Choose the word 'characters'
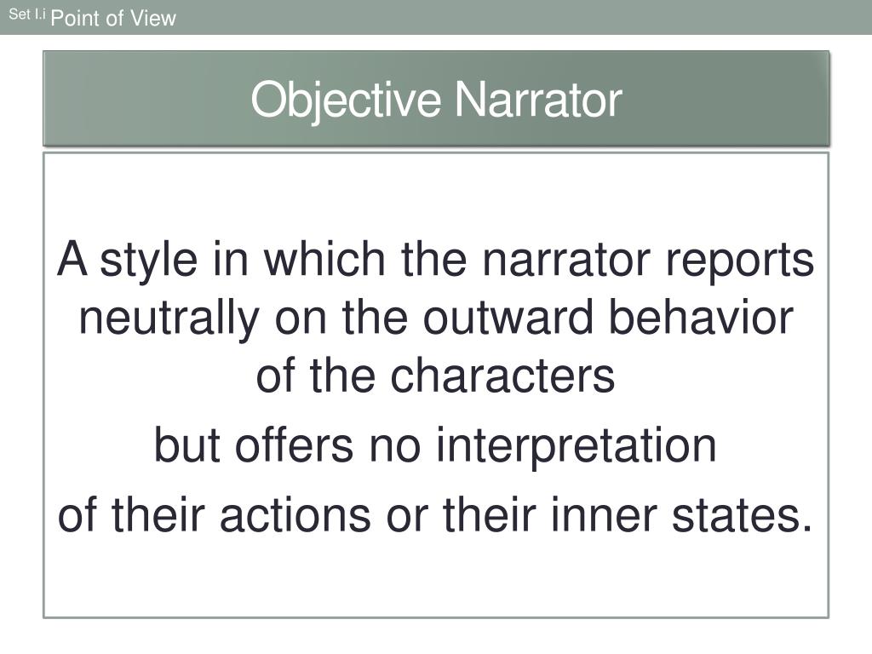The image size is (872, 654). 502,376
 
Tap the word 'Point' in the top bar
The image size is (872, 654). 76,18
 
